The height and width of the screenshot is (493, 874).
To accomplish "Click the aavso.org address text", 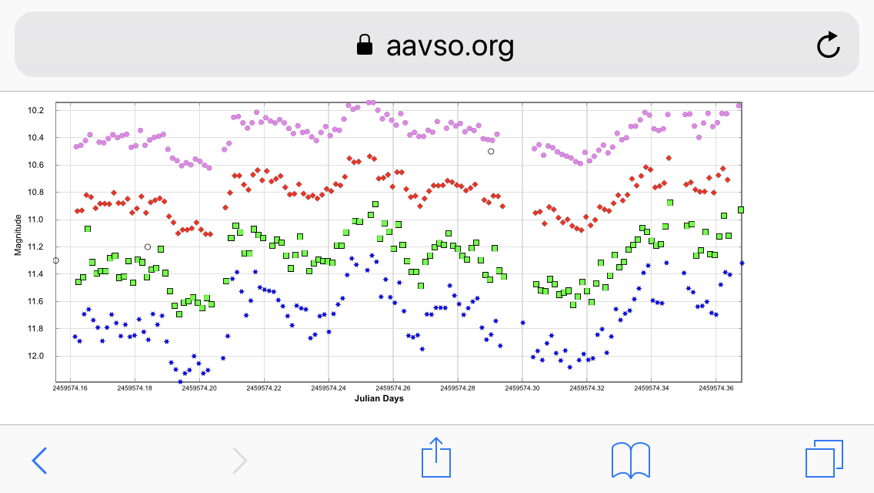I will pos(450,46).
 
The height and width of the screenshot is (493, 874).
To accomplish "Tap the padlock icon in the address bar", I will pos(365,46).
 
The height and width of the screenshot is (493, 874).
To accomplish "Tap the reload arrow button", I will pos(828,46).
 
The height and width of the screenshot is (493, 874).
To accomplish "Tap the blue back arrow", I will pos(39,460).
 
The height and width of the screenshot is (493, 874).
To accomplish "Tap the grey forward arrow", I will pos(240,460).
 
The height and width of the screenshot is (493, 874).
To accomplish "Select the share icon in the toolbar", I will pos(435,458).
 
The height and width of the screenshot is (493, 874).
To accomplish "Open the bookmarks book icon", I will pos(631,460).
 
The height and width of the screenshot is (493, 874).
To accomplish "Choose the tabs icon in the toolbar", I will pos(824,459).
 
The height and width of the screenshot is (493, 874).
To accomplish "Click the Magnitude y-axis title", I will pos(18,235).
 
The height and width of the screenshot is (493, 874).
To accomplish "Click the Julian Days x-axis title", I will pos(379,399).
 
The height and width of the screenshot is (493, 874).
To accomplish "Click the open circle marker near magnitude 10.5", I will pos(491,151).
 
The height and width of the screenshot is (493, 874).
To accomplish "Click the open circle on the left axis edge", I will pos(56,260).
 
